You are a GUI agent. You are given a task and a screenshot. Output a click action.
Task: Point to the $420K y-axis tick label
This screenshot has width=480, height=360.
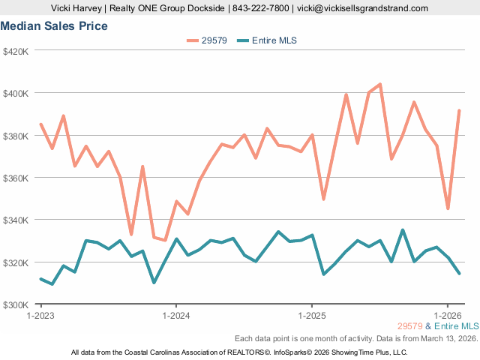[x=16, y=52]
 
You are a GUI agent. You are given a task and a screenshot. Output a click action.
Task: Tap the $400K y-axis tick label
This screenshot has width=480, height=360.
[x=16, y=94]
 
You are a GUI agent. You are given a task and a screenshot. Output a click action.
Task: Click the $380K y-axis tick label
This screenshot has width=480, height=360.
[x=16, y=136]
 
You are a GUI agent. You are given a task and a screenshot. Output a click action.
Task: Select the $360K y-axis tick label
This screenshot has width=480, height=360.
[x=16, y=178]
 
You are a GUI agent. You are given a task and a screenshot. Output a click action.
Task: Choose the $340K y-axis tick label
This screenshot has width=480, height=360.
[x=16, y=220]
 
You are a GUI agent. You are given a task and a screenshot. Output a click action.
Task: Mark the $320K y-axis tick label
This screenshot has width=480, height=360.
[x=16, y=262]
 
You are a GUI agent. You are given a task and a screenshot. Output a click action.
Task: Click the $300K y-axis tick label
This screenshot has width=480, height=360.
[x=16, y=305]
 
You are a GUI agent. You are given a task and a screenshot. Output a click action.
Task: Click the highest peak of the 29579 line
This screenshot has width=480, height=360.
[x=380, y=84]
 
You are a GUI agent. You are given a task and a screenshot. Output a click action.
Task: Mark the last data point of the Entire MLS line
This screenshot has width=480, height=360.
[x=459, y=273]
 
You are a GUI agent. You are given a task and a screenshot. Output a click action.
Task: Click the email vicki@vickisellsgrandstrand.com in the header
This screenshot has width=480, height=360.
[x=362, y=8]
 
